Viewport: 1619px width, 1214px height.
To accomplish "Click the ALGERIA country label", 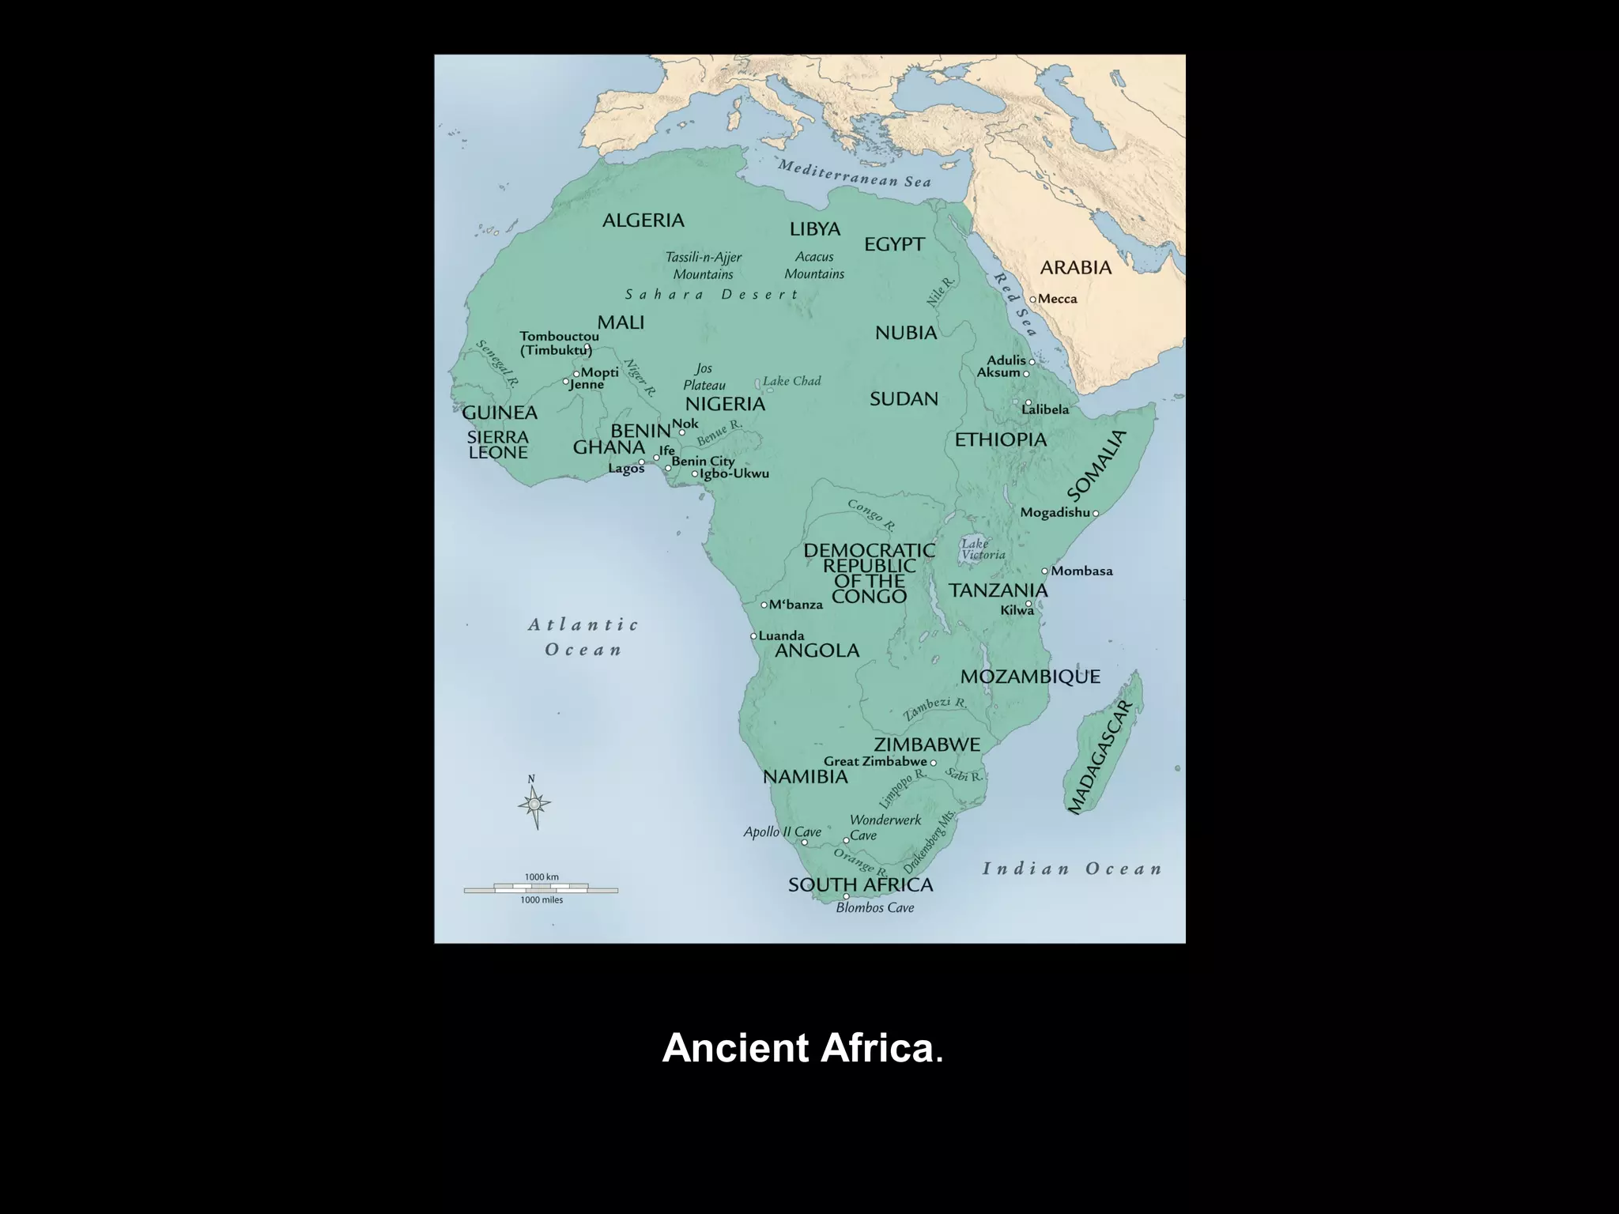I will click(x=643, y=221).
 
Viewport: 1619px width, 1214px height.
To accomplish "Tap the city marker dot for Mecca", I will click(x=1032, y=300).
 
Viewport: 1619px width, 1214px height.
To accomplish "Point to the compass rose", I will click(x=534, y=804).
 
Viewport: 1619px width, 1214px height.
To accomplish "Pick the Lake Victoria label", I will click(x=983, y=549).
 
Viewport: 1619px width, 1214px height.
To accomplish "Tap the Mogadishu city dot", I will click(x=1095, y=514).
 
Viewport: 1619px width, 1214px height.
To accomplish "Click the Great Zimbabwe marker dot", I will click(x=933, y=763).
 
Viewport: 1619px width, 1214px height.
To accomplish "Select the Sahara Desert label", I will click(x=711, y=295).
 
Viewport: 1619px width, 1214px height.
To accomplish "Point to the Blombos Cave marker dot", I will click(x=846, y=896).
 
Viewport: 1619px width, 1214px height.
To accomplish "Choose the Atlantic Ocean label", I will click(x=583, y=637).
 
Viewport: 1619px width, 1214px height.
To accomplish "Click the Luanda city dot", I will click(x=753, y=636).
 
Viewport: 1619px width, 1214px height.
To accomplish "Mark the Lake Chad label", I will click(x=791, y=382).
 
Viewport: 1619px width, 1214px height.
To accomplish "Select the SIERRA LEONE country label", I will click(x=497, y=445).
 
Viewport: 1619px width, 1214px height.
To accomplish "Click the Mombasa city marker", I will click(x=1044, y=571).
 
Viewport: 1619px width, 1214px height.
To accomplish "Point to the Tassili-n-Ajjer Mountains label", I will click(x=703, y=266).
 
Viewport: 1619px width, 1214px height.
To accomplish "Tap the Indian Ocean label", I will click(x=1072, y=869).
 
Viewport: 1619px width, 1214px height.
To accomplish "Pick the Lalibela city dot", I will click(x=1028, y=402).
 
